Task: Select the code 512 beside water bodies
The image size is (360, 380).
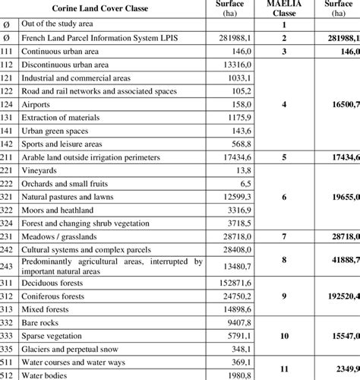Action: click(x=8, y=375)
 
